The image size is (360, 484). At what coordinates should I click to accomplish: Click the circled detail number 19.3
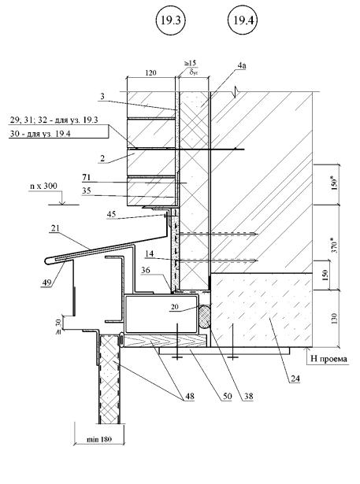coord(170,20)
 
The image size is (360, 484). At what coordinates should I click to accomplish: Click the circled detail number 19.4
coord(243,20)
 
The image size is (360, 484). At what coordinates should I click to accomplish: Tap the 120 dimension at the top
coord(150,73)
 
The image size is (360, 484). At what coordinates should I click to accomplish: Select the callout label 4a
coord(242,65)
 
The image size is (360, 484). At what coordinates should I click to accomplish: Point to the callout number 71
coord(86,178)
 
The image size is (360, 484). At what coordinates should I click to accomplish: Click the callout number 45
coord(111,214)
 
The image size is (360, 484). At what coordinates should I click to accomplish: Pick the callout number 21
coord(55,228)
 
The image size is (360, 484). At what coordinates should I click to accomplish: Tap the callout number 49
coord(46,283)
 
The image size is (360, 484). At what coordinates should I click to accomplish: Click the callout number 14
coord(149,253)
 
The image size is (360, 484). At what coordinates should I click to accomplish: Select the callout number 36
coord(146,270)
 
